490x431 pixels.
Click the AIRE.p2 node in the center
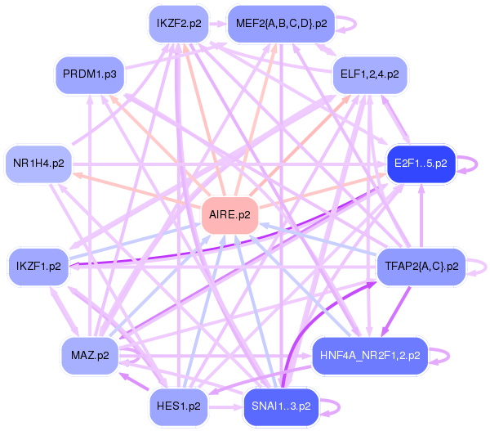point(230,216)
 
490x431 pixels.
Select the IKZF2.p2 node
point(178,23)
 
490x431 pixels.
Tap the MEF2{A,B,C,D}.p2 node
point(281,23)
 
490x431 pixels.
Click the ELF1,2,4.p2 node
point(369,74)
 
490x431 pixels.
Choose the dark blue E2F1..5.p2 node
point(420,163)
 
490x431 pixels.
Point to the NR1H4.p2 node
point(38,164)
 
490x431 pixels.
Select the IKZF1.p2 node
point(38,267)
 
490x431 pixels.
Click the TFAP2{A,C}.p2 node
point(420,267)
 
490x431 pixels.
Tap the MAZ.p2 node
point(90,355)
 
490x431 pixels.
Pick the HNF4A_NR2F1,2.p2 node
point(370,355)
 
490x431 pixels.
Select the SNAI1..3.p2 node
point(282,406)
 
